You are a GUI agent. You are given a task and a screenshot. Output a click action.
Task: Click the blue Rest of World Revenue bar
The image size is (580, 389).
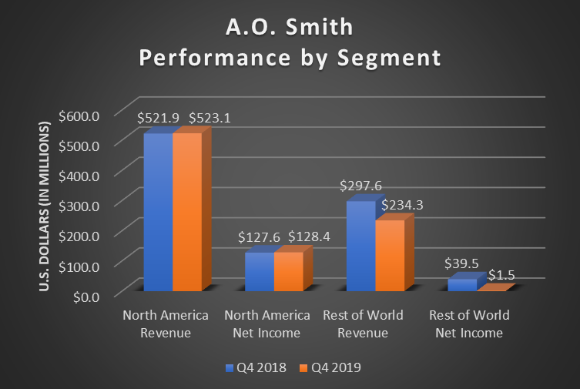point(360,246)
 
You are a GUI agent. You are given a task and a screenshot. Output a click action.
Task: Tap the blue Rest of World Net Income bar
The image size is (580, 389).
point(461,284)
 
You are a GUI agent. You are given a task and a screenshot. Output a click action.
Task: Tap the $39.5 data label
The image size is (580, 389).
point(461,263)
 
